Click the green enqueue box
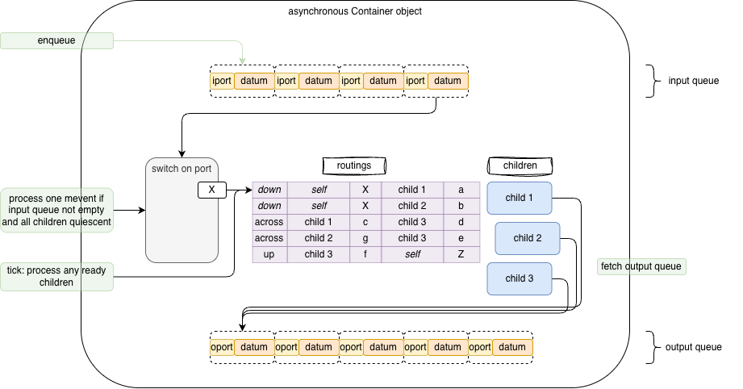point(56,40)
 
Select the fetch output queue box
point(642,266)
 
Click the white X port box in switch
point(211,190)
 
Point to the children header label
point(520,165)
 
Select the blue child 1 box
point(519,198)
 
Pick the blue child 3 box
point(519,278)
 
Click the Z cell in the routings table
point(461,254)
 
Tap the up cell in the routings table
point(269,254)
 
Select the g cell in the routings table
point(365,238)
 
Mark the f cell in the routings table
point(365,254)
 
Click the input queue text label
point(693,81)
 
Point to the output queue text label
point(693,347)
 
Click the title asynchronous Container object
point(355,11)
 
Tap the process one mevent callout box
point(57,211)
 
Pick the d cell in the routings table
point(461,222)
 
